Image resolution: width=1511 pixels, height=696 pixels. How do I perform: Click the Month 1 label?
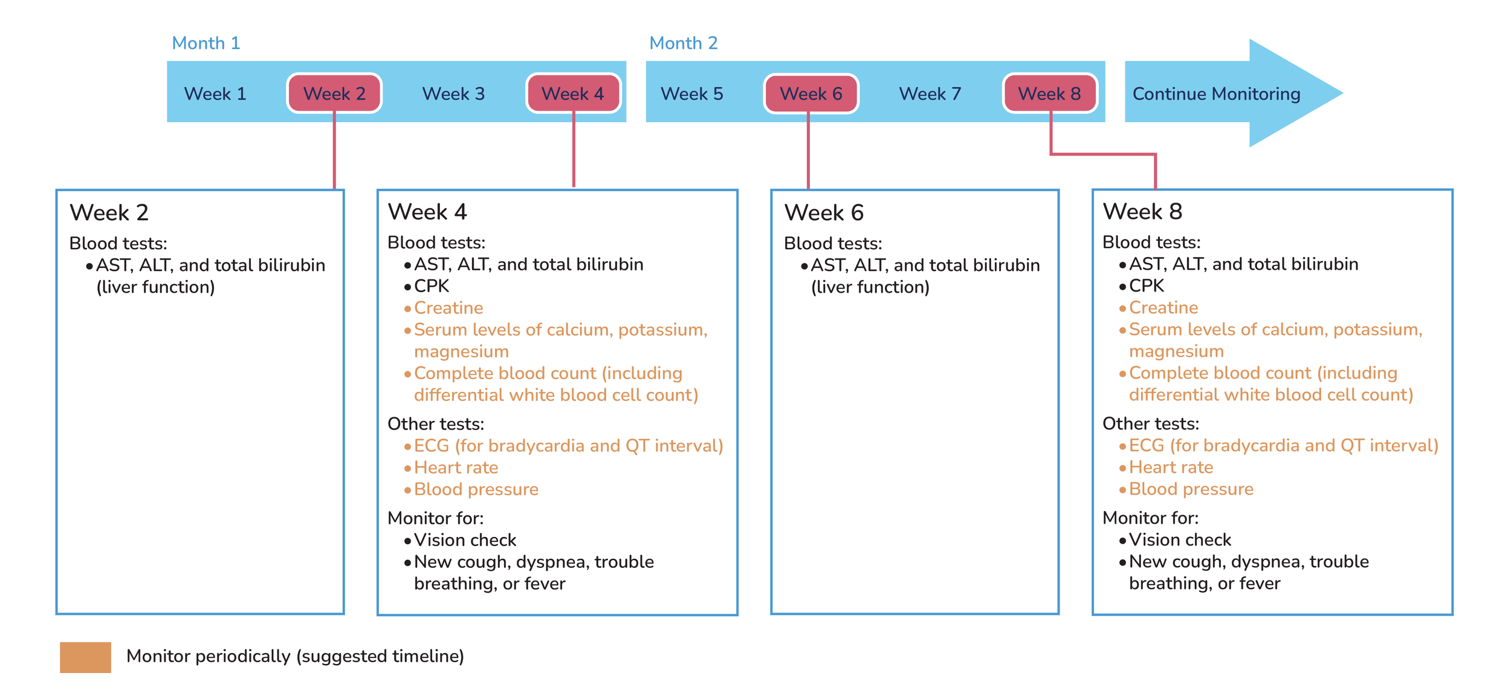(x=205, y=43)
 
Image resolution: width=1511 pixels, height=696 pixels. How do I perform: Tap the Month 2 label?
(x=683, y=43)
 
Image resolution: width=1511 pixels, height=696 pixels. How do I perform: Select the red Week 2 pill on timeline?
(x=334, y=94)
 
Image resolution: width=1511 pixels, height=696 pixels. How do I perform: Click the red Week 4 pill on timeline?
(x=573, y=94)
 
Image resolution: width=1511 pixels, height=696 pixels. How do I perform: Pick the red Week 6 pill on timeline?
(x=811, y=94)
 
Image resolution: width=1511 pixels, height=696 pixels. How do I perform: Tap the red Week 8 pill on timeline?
(x=1050, y=94)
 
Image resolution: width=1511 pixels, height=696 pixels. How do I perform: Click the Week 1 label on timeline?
(x=215, y=94)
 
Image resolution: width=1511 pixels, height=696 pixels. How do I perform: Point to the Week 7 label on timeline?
(x=930, y=94)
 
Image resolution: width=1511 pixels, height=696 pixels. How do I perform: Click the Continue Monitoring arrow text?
(x=1216, y=94)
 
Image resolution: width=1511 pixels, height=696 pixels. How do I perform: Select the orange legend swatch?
(x=85, y=657)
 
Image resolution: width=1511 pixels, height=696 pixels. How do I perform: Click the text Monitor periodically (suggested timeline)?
(x=295, y=656)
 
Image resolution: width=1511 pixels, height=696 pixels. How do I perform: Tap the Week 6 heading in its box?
(x=823, y=213)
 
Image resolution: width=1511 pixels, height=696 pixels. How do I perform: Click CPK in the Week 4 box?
(x=432, y=286)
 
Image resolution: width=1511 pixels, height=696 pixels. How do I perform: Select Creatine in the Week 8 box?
(x=1163, y=308)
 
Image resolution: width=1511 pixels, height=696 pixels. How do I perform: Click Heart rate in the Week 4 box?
(x=456, y=467)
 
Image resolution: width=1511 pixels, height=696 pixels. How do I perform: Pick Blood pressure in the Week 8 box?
(x=1191, y=489)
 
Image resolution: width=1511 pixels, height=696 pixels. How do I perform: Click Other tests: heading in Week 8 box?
(x=1150, y=424)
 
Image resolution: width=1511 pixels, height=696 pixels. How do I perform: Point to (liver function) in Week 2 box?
(x=155, y=287)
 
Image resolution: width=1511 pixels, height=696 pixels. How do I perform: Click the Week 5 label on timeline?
(x=692, y=94)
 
